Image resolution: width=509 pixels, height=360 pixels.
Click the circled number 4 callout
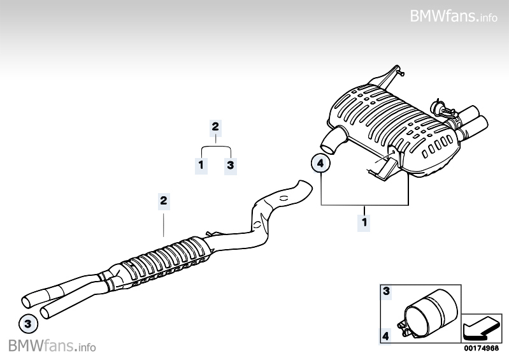click(x=320, y=163)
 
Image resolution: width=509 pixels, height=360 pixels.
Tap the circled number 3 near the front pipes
click(x=28, y=324)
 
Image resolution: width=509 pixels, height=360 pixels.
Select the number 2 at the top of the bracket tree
click(x=215, y=127)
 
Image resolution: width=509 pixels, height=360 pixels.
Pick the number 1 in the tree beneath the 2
click(x=201, y=165)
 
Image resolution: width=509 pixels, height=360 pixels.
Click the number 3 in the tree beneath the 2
click(x=231, y=165)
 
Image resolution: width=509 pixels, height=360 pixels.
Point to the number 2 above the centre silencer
click(x=164, y=200)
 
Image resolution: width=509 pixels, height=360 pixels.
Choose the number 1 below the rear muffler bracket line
click(x=364, y=222)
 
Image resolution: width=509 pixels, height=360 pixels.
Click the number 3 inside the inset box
click(x=386, y=291)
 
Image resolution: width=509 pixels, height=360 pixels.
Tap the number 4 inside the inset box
click(x=385, y=336)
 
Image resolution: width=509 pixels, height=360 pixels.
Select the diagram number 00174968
click(x=481, y=348)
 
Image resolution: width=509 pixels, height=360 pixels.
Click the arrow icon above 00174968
click(x=481, y=328)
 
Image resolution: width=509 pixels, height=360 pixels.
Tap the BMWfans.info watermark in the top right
click(x=454, y=16)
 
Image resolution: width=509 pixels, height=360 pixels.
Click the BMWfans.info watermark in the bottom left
click(x=52, y=346)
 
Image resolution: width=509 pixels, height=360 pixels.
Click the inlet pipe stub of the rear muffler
click(x=332, y=141)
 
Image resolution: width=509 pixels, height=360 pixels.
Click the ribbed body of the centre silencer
click(x=164, y=261)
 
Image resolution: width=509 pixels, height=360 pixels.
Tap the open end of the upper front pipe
click(x=26, y=301)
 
